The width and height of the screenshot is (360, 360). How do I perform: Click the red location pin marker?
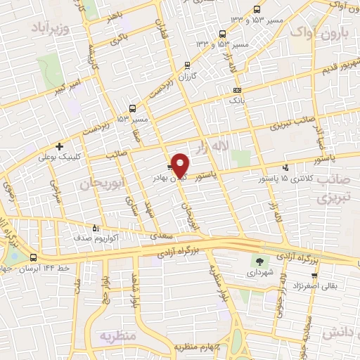tap(180, 165)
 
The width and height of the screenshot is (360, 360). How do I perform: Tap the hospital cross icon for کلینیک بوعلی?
tap(60, 147)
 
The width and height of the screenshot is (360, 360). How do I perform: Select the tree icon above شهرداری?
tap(261, 260)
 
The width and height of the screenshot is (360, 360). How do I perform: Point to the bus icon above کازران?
tap(186, 65)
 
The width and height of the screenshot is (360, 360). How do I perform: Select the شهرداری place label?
tap(261, 271)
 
